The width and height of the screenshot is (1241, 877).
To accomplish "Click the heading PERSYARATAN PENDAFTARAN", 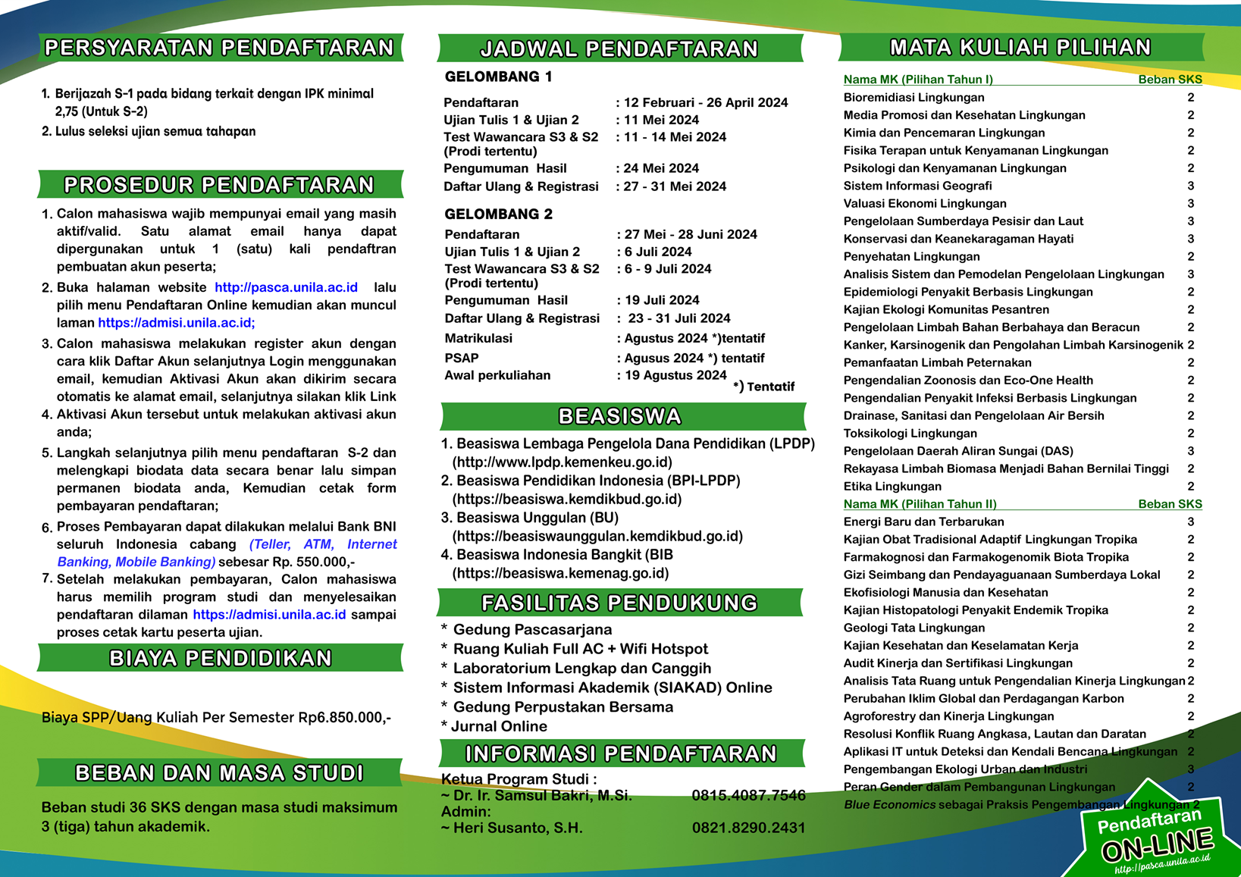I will [220, 48].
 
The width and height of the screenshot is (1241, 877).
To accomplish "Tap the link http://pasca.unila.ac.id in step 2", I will [286, 287].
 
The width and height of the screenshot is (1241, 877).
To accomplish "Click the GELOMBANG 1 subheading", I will [498, 77].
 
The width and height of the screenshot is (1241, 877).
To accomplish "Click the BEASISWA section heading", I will [620, 416].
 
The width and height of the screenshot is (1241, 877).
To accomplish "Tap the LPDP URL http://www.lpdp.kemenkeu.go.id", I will [562, 462].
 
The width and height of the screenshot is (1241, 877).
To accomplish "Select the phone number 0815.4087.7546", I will [748, 795].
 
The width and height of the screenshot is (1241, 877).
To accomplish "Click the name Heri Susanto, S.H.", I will [518, 828].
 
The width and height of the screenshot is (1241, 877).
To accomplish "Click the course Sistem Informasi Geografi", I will [917, 186].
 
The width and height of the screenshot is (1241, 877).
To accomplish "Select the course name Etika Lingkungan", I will [892, 487].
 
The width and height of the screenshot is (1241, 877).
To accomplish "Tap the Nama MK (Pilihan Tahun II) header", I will [920, 504].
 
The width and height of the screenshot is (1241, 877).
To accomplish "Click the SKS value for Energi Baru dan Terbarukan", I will [1190, 522].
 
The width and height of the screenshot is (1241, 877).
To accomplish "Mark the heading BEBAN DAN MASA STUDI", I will [220, 773].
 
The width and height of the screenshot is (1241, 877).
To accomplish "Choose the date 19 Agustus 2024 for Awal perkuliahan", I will [675, 375].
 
